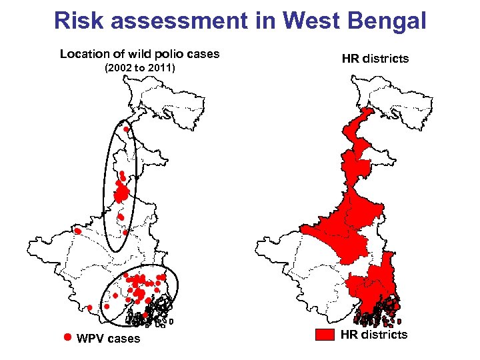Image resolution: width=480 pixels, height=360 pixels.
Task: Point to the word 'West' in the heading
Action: tap(307, 21)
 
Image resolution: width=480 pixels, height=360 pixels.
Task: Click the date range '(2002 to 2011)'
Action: tap(139, 68)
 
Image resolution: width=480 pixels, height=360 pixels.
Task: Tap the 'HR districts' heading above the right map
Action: tap(375, 59)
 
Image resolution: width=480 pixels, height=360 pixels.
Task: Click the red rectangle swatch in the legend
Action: tap(324, 335)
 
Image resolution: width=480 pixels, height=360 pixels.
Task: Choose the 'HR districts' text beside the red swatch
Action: tap(373, 335)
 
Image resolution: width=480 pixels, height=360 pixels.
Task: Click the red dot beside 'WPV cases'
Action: tap(67, 338)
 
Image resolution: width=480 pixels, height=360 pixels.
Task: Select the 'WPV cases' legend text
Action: tap(109, 339)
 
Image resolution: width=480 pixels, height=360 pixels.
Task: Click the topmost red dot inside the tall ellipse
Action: tap(125, 129)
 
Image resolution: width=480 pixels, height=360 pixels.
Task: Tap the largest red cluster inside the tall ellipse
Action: tap(122, 194)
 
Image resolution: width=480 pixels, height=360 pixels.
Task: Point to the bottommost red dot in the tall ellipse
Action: tap(126, 233)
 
